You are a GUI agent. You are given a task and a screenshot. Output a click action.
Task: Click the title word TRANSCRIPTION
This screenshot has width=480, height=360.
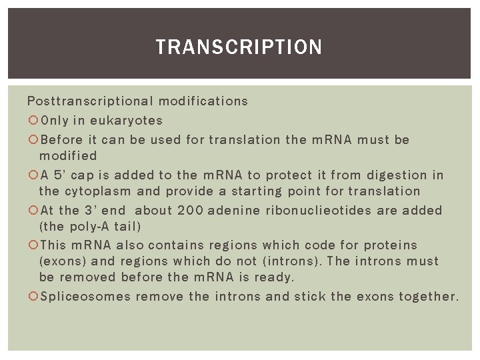[x=239, y=47]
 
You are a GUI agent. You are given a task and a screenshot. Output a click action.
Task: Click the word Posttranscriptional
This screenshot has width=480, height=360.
[x=89, y=101]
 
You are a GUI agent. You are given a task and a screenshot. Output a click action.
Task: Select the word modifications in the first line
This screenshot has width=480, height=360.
[x=203, y=101]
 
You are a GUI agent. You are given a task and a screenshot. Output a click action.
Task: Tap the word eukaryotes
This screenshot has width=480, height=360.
[x=127, y=121]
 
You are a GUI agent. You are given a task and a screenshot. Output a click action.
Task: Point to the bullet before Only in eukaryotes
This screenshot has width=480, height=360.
[x=33, y=121]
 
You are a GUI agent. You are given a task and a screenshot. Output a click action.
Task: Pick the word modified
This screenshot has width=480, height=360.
[x=68, y=156]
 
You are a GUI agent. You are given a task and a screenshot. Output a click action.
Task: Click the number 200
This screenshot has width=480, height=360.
[x=190, y=211]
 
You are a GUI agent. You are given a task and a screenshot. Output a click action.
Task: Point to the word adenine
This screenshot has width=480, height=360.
[x=234, y=211]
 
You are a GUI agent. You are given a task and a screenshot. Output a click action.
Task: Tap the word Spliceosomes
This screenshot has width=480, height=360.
[x=85, y=297]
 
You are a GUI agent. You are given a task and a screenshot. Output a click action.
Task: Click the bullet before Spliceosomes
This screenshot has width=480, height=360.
[x=33, y=297]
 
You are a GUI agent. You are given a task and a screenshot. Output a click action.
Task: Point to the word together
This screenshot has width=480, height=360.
[x=429, y=297]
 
